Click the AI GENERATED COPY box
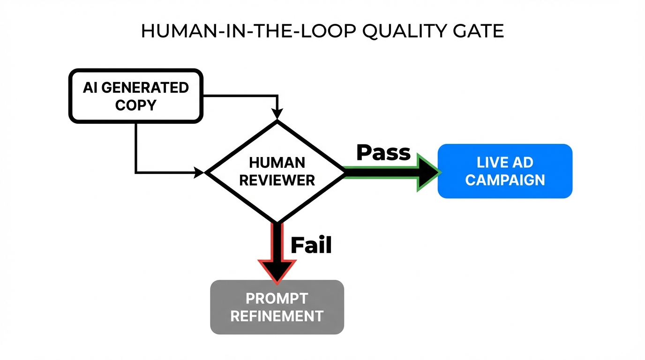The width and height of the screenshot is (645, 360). click(x=135, y=96)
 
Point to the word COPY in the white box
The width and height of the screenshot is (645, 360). click(x=135, y=105)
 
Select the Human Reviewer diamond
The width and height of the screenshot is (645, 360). click(x=277, y=171)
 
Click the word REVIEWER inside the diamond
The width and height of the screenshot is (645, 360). click(x=277, y=180)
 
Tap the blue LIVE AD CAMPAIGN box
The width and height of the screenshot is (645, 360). click(x=505, y=171)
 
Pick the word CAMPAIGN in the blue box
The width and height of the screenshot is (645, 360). click(x=505, y=180)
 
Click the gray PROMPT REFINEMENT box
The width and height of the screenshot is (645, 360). click(x=277, y=307)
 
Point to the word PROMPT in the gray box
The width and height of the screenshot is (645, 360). click(x=277, y=298)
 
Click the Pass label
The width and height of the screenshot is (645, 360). click(x=383, y=152)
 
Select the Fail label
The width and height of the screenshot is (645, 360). click(x=311, y=245)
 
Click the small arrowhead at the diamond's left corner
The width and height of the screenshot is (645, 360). click(x=199, y=172)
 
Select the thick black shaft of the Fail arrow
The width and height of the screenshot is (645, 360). click(x=277, y=241)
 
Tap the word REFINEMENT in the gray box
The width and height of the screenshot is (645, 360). click(x=277, y=316)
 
